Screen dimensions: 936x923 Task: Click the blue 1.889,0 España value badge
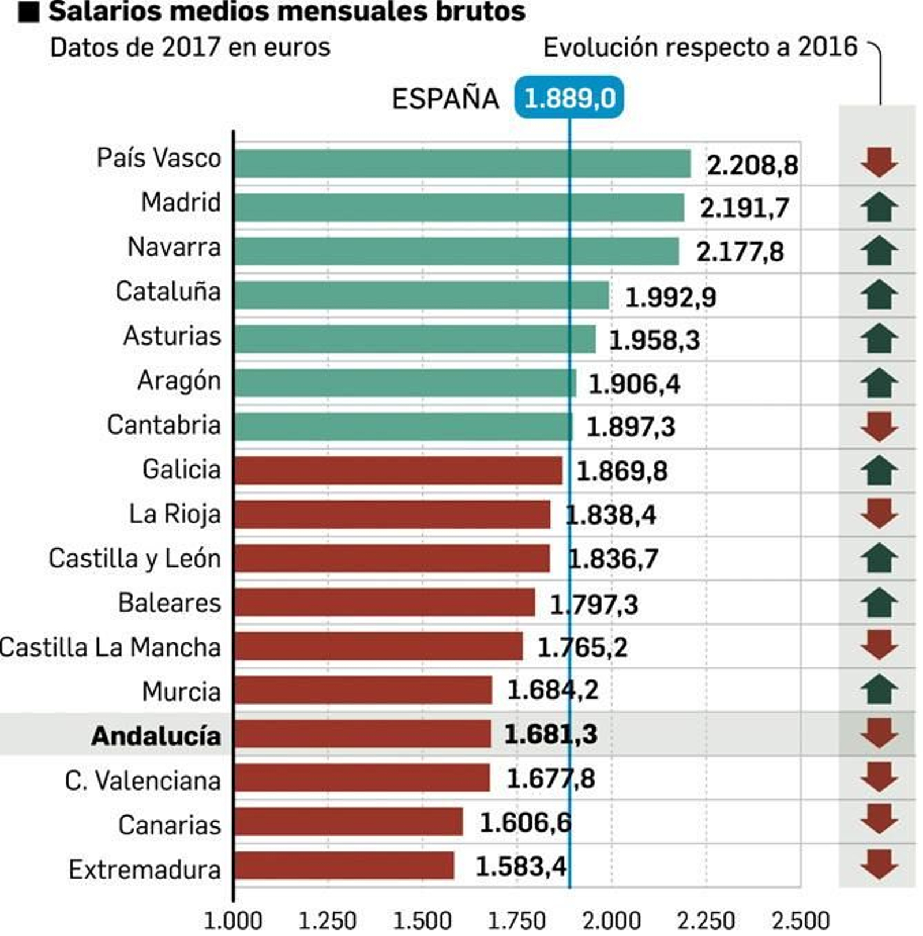pyautogui.click(x=568, y=98)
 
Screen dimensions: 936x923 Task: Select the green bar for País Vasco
pyautogui.click(x=461, y=163)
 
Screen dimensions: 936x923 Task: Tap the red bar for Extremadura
pyautogui.click(x=344, y=866)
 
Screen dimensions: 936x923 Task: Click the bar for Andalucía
pyautogui.click(x=362, y=734)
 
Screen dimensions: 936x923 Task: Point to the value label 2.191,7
pyautogui.click(x=744, y=208)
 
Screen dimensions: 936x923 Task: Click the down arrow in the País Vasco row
pyautogui.click(x=879, y=162)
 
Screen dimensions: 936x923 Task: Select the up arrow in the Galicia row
pyautogui.click(x=879, y=470)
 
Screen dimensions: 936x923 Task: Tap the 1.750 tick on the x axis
pyautogui.click(x=516, y=921)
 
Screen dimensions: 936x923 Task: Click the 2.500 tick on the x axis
pyautogui.click(x=800, y=921)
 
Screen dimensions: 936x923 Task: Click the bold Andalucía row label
pyautogui.click(x=156, y=736)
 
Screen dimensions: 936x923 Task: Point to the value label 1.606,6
pyautogui.click(x=525, y=822)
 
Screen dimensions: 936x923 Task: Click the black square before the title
pyautogui.click(x=28, y=12)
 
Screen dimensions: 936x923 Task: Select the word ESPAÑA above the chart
pyautogui.click(x=445, y=99)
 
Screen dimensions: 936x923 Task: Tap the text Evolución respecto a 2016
pyautogui.click(x=700, y=47)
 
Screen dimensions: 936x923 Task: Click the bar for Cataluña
pyautogui.click(x=421, y=295)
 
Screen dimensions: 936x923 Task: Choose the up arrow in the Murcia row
pyautogui.click(x=879, y=690)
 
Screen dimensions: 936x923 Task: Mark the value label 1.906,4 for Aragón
pyautogui.click(x=634, y=384)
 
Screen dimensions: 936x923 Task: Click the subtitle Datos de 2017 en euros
pyautogui.click(x=190, y=47)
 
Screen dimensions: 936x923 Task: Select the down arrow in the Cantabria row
pyautogui.click(x=879, y=427)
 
